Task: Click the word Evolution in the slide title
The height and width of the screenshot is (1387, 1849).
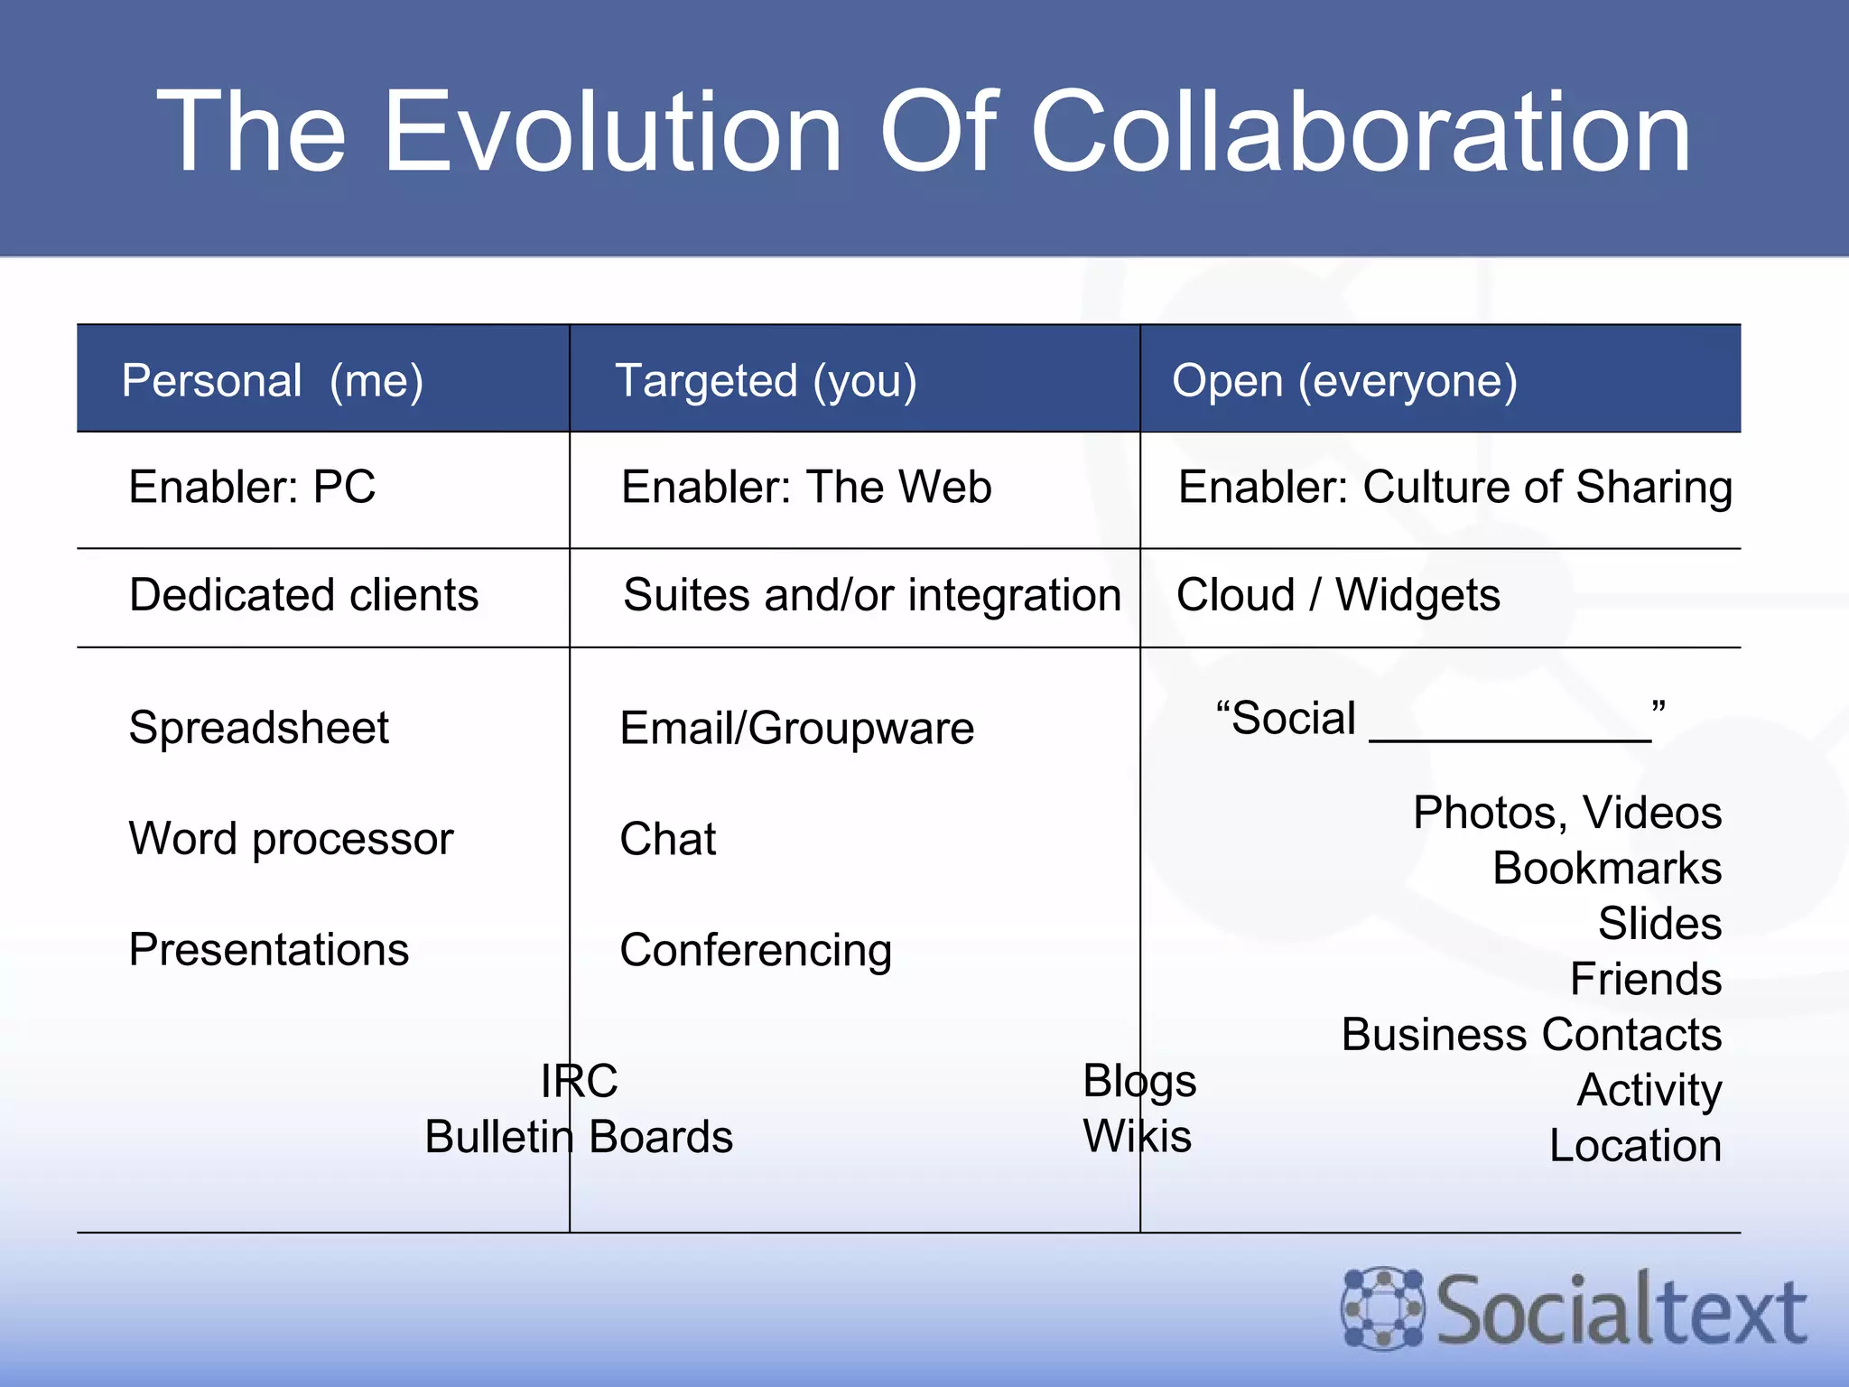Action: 614,134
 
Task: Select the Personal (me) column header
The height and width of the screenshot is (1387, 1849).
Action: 273,380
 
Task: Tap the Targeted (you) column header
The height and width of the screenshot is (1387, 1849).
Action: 766,380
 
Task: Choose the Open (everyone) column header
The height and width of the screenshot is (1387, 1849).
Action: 1344,380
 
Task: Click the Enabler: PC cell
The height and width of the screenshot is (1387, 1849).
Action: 252,487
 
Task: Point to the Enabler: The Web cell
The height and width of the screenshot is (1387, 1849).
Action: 806,487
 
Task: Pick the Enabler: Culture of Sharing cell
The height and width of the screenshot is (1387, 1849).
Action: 1454,488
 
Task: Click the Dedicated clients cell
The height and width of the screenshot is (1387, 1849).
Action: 303,595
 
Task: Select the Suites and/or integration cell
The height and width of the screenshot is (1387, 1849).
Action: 871,595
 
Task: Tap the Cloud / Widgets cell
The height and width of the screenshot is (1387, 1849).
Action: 1338,595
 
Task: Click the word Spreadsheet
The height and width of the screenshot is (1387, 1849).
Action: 259,728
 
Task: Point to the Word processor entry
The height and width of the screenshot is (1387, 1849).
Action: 291,839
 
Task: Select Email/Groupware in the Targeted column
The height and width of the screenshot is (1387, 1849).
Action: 796,728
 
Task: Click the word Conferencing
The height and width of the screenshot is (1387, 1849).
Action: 756,950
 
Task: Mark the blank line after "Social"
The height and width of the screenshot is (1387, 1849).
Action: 1510,735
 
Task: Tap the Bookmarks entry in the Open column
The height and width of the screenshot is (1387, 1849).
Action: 1606,869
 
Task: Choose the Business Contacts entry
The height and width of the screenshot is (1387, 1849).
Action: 1531,1035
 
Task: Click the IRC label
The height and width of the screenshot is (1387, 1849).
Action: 580,1081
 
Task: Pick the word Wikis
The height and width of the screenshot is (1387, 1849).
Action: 1137,1136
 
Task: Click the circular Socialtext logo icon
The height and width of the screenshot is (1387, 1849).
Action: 1382,1309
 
